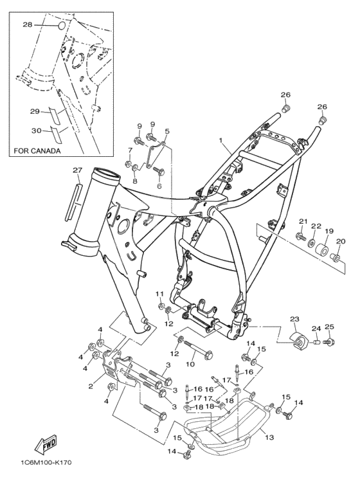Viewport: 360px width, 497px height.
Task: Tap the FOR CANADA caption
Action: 37,151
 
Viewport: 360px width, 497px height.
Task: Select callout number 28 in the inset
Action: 28,24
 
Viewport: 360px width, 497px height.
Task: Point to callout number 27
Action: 77,170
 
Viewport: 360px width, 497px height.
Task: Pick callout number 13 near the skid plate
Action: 269,437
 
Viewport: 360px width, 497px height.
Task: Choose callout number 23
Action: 294,319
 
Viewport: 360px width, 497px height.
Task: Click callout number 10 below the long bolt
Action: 190,364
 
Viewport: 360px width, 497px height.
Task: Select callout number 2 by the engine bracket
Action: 91,386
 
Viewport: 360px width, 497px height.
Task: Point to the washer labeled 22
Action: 312,244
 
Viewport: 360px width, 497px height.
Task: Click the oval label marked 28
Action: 62,26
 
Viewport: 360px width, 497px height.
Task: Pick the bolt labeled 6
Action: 159,172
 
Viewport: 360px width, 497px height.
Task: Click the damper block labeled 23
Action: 300,341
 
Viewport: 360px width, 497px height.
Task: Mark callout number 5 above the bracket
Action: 167,131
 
